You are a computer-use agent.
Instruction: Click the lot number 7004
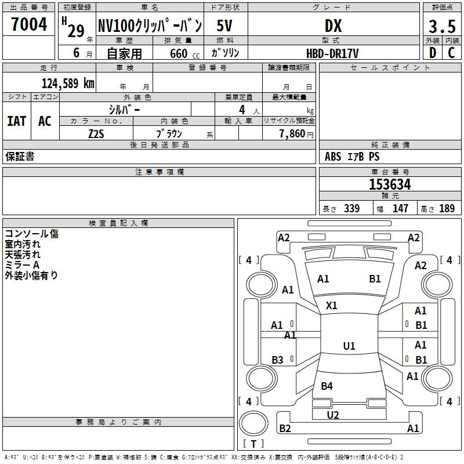click(x=29, y=24)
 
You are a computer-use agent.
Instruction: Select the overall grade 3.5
click(x=442, y=26)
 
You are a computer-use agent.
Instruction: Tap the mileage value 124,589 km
click(x=68, y=83)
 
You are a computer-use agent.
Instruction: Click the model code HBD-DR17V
click(x=332, y=53)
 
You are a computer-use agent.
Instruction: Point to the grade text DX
click(x=333, y=26)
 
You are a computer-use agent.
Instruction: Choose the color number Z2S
click(x=96, y=134)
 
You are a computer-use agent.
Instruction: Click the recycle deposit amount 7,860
click(x=292, y=133)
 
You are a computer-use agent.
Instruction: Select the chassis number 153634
click(x=390, y=184)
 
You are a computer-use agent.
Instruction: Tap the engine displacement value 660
click(x=179, y=53)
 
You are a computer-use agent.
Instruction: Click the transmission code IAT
click(x=17, y=121)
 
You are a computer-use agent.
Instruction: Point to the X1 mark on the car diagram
click(x=331, y=305)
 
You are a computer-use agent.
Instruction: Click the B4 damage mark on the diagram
click(x=327, y=386)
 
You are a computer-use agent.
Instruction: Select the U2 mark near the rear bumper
click(x=333, y=415)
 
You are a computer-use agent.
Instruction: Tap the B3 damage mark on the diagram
click(x=277, y=360)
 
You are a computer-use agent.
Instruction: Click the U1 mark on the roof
click(x=349, y=346)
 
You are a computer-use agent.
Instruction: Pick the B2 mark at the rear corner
click(x=285, y=428)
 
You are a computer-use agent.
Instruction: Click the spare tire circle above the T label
click(x=253, y=423)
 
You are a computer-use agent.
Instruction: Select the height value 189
click(x=447, y=208)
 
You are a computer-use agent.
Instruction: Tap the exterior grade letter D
click(x=433, y=53)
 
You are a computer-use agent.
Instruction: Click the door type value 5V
click(x=224, y=26)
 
